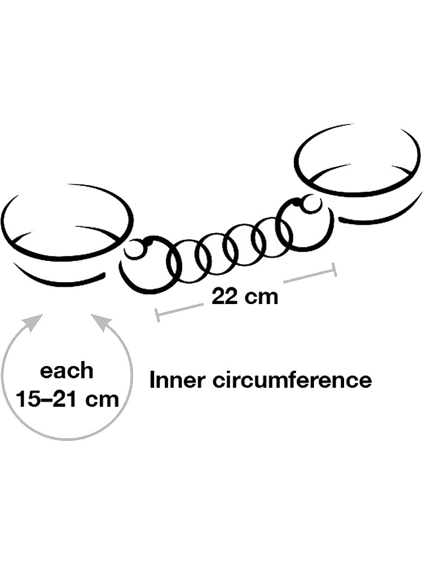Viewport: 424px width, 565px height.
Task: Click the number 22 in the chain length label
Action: pyautogui.click(x=224, y=297)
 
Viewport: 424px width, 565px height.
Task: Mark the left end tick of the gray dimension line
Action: pyautogui.click(x=157, y=315)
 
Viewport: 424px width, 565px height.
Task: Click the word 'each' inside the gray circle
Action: pyautogui.click(x=66, y=371)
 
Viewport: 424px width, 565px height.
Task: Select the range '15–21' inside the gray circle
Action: pyautogui.click(x=48, y=399)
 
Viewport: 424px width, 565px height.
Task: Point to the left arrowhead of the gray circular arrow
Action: pyautogui.click(x=34, y=320)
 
